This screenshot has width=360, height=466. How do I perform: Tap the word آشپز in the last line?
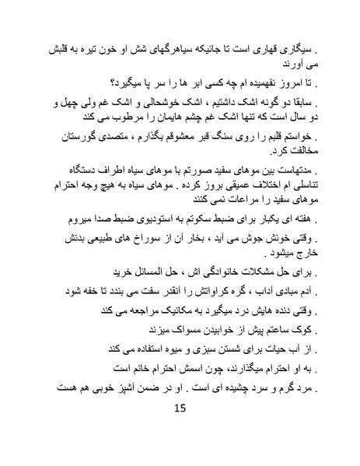[117, 386]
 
